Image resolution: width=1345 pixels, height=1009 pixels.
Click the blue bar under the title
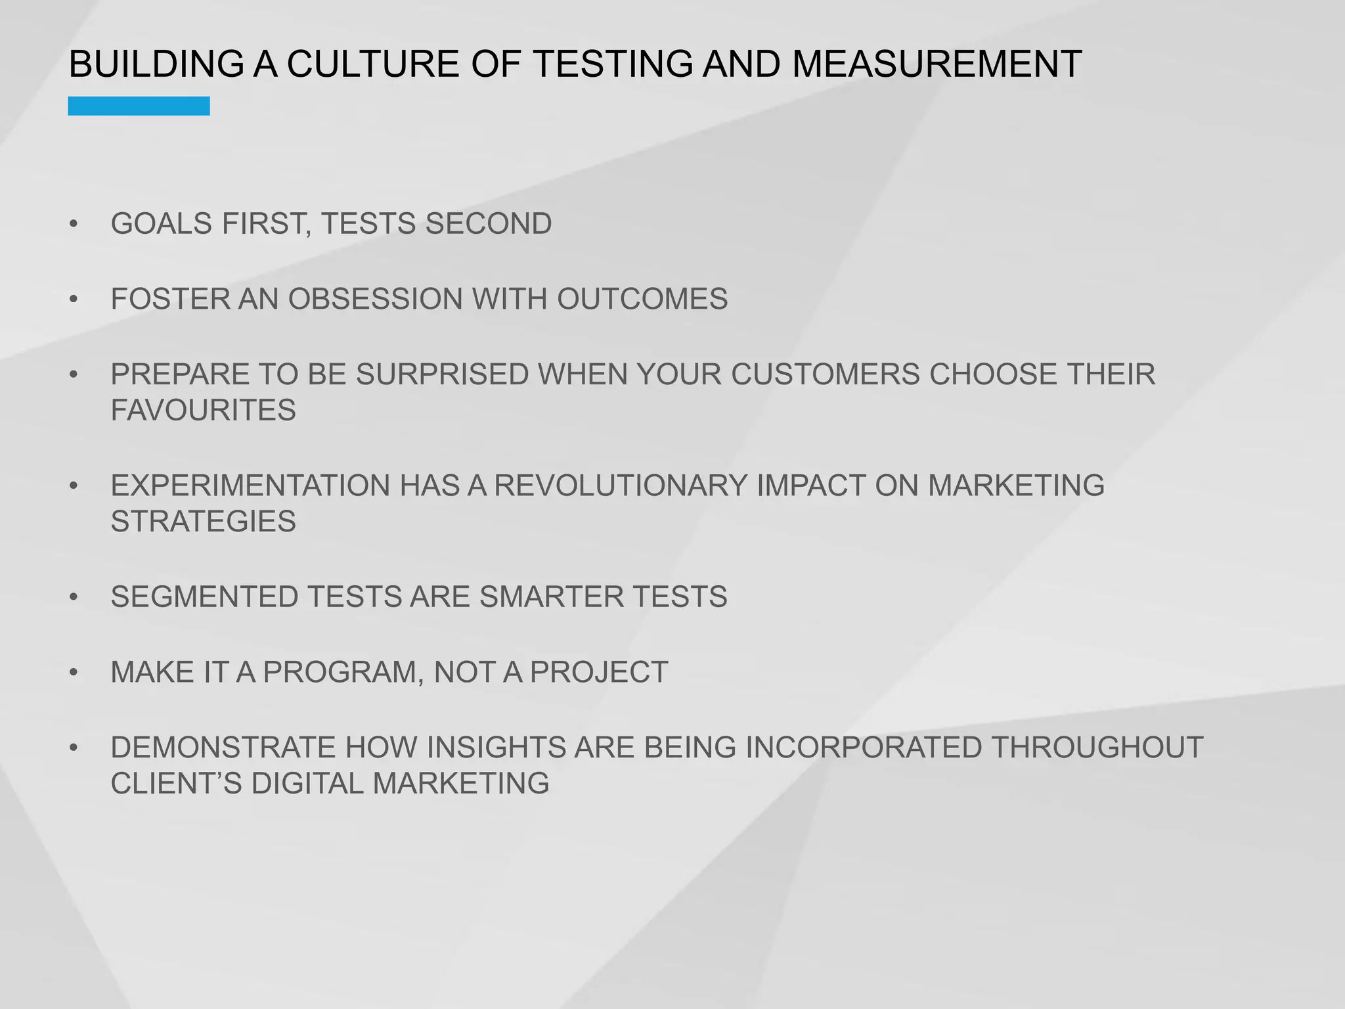[139, 106]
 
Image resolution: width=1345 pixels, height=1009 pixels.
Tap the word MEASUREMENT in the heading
[937, 64]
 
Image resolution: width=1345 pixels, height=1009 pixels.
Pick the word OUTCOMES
[642, 300]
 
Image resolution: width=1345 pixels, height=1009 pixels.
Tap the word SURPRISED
[443, 374]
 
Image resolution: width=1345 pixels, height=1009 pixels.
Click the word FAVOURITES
[203, 411]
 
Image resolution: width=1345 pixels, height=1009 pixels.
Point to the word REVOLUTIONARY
[621, 486]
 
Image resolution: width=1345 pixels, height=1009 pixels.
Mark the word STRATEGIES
[203, 522]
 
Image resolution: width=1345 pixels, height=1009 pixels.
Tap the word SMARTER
[551, 597]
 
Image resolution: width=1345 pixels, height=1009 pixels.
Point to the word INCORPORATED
[864, 748]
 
